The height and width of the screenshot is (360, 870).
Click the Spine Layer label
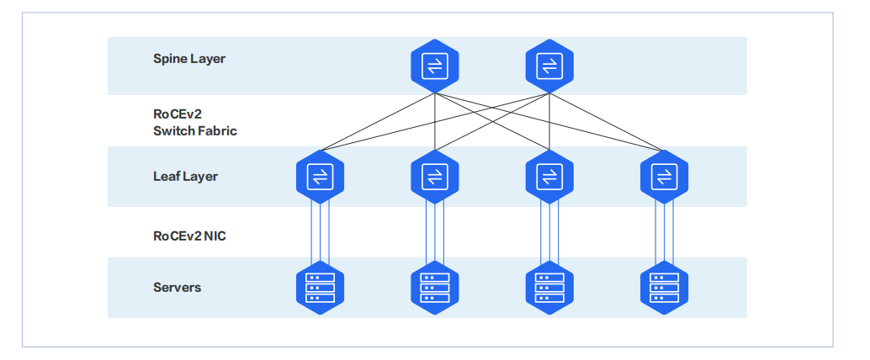point(188,59)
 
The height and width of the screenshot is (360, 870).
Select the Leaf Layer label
point(185,177)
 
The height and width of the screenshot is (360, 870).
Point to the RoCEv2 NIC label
point(189,236)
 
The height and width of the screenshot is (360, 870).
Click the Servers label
point(177,288)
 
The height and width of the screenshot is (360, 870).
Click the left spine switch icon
point(434,66)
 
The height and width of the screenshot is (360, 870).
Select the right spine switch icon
point(549,66)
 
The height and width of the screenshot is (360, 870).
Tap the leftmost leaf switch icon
point(320,177)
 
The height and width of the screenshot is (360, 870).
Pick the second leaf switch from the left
point(434,177)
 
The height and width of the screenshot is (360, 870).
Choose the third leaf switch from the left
point(549,177)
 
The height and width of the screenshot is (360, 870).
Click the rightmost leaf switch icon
point(664,177)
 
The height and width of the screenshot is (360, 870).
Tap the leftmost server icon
point(320,288)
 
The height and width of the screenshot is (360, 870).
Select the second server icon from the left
point(434,288)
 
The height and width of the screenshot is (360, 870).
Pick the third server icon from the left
point(549,288)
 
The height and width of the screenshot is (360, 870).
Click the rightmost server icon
point(664,288)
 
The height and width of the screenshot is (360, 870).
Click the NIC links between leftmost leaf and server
point(320,232)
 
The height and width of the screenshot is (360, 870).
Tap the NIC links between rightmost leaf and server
point(664,232)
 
